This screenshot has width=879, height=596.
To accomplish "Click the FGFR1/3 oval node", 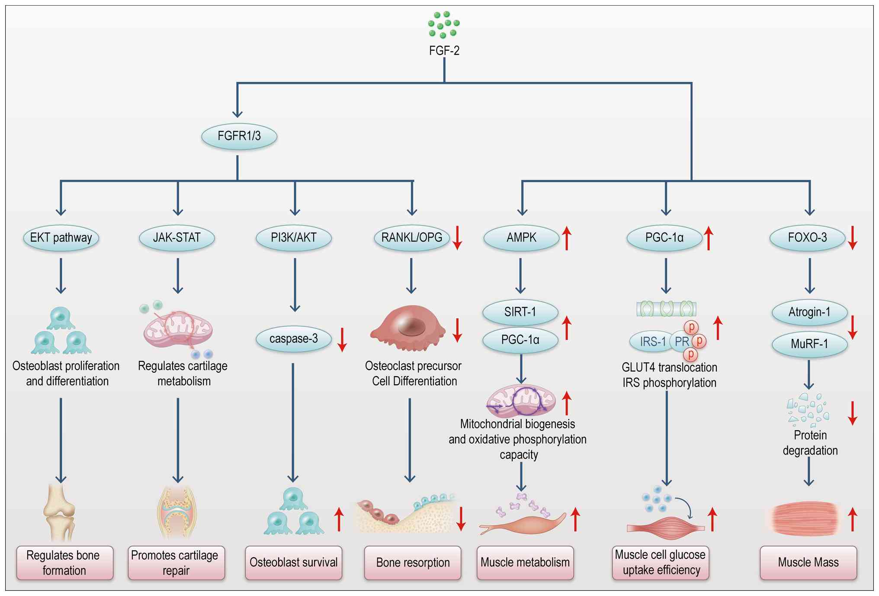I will pos(239,136).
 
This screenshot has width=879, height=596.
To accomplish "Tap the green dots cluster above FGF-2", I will pos(444,25).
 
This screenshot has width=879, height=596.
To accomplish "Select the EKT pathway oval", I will pos(61,238).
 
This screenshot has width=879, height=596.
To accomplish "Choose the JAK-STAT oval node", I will pos(177,238).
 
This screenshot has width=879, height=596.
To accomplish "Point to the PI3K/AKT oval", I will pos(294,238).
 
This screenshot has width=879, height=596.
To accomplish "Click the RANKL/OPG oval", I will pos(411,238).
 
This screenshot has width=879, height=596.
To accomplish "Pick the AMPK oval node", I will pos(521,238).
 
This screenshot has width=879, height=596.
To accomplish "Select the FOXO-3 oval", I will pos(807,238).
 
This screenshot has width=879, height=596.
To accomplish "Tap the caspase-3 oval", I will pos(294,339).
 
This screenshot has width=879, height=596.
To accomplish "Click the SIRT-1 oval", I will pos(520,312).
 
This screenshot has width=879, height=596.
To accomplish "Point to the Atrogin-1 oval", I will pos(809,312).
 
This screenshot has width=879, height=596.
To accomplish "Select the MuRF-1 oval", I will pos(809,344).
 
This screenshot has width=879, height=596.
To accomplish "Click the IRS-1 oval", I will pos(652,341).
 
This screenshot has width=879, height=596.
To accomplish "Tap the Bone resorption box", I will pos(413,563).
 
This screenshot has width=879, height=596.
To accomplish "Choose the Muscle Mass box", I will pos(808,563).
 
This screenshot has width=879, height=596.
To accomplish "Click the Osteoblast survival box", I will pos(294,563).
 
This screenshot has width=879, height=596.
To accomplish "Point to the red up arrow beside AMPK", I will pos(567,238).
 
